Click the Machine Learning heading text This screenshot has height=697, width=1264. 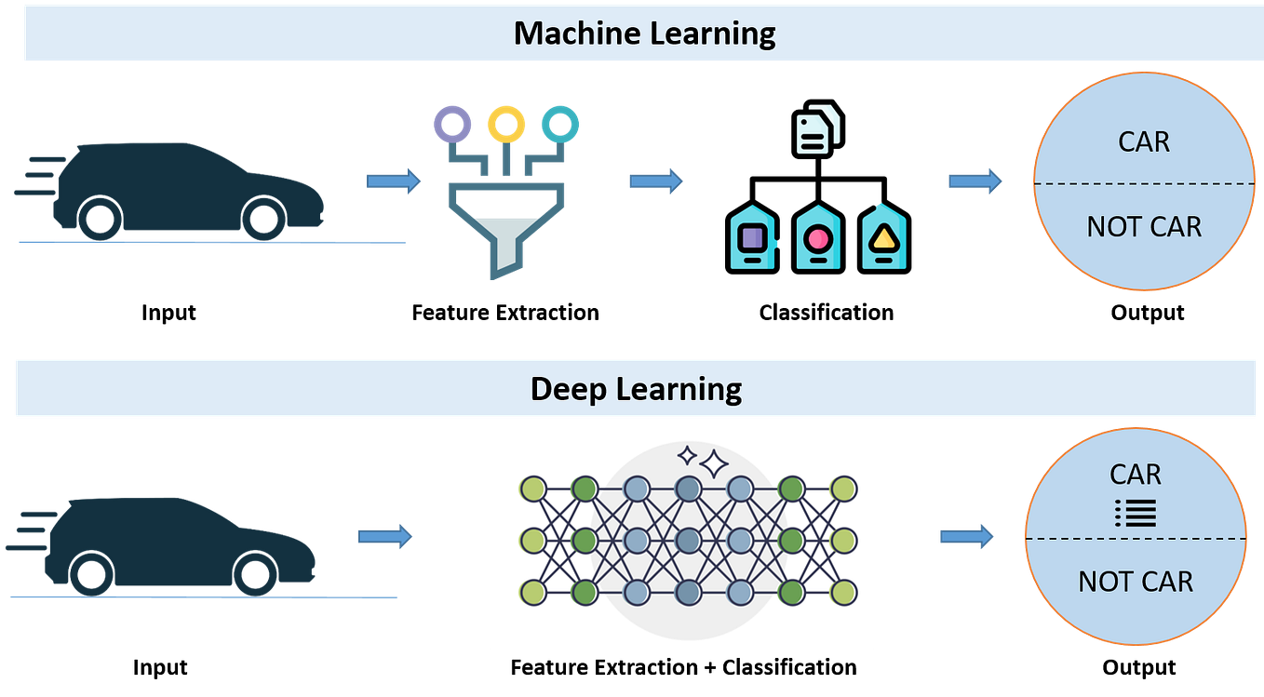click(x=644, y=34)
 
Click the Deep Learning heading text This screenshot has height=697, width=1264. click(x=636, y=389)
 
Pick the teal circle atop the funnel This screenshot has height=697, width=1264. click(x=560, y=123)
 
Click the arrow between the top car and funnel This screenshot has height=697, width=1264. click(x=393, y=181)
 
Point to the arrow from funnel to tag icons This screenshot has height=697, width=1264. click(x=655, y=181)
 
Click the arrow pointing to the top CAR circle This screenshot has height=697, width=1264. click(x=975, y=181)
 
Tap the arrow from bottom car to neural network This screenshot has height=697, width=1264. click(x=385, y=536)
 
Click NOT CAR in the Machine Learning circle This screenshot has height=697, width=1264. click(x=1144, y=227)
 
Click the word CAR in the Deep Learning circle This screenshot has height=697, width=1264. click(x=1136, y=475)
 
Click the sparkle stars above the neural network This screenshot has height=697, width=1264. click(x=703, y=460)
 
